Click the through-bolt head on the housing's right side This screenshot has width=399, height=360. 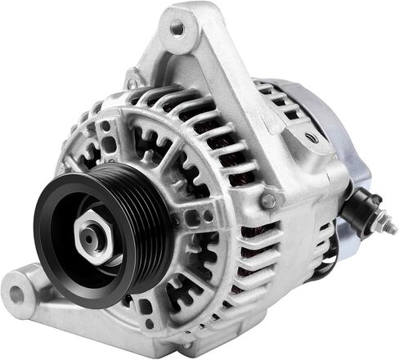tap(268, 200)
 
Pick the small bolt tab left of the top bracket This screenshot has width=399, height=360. tap(132, 83)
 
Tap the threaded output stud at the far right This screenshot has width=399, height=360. tap(382, 216)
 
